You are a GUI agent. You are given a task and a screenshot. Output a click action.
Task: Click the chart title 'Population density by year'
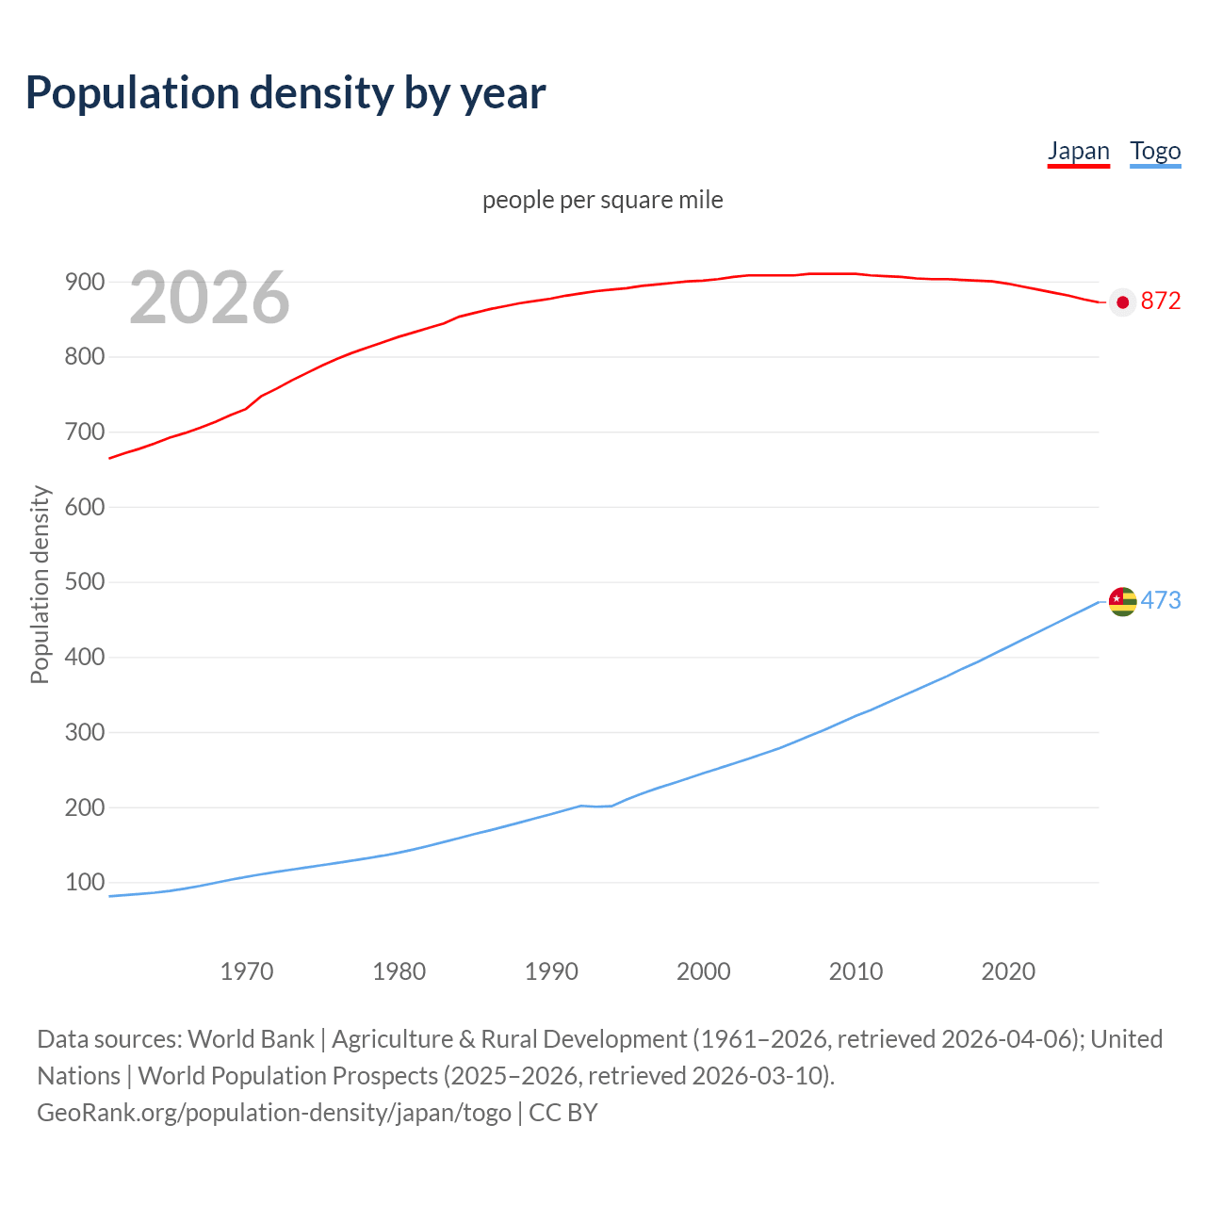(285, 93)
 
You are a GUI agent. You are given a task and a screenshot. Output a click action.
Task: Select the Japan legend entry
(1078, 151)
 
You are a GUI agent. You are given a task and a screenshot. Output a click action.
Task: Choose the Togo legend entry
(1155, 151)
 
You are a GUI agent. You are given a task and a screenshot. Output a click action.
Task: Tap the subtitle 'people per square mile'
(602, 200)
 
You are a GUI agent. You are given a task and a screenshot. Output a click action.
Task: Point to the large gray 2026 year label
(209, 298)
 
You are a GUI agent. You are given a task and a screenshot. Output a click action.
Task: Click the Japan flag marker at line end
(1122, 301)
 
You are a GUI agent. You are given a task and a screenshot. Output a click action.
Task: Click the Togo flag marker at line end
(1122, 601)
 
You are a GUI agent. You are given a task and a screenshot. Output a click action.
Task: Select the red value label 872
(1161, 301)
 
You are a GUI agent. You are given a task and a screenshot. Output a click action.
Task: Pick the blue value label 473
(1161, 600)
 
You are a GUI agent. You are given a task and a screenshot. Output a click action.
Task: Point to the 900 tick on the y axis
(84, 282)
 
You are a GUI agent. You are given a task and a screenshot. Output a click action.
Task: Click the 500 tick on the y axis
(84, 582)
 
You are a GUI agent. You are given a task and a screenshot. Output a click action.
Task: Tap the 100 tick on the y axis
(84, 883)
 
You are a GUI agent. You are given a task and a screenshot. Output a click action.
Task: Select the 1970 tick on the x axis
(247, 971)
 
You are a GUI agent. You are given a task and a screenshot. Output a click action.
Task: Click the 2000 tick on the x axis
(703, 971)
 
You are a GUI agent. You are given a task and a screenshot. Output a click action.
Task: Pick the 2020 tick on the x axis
(1008, 971)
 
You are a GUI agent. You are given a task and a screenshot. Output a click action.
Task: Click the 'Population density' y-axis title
(40, 584)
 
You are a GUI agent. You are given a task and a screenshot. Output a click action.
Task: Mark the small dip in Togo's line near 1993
(596, 807)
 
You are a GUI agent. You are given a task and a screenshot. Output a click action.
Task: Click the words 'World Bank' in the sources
(251, 1038)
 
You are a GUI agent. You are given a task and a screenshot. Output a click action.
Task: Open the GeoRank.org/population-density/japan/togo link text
(273, 1112)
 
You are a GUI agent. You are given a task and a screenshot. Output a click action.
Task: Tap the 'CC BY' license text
(563, 1112)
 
